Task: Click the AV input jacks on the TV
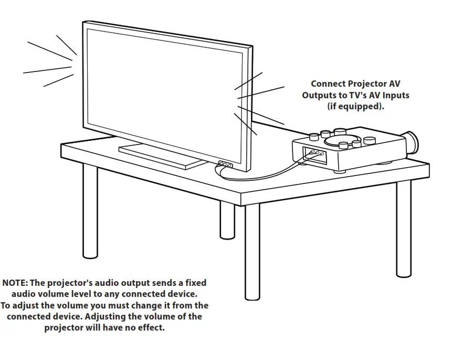pyautogui.click(x=225, y=164)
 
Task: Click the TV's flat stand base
pyautogui.click(x=162, y=157)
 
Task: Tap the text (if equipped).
pyautogui.click(x=355, y=106)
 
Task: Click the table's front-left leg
pyautogui.click(x=90, y=210)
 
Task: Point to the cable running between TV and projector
pyautogui.click(x=262, y=174)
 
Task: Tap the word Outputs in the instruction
pyautogui.click(x=319, y=95)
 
